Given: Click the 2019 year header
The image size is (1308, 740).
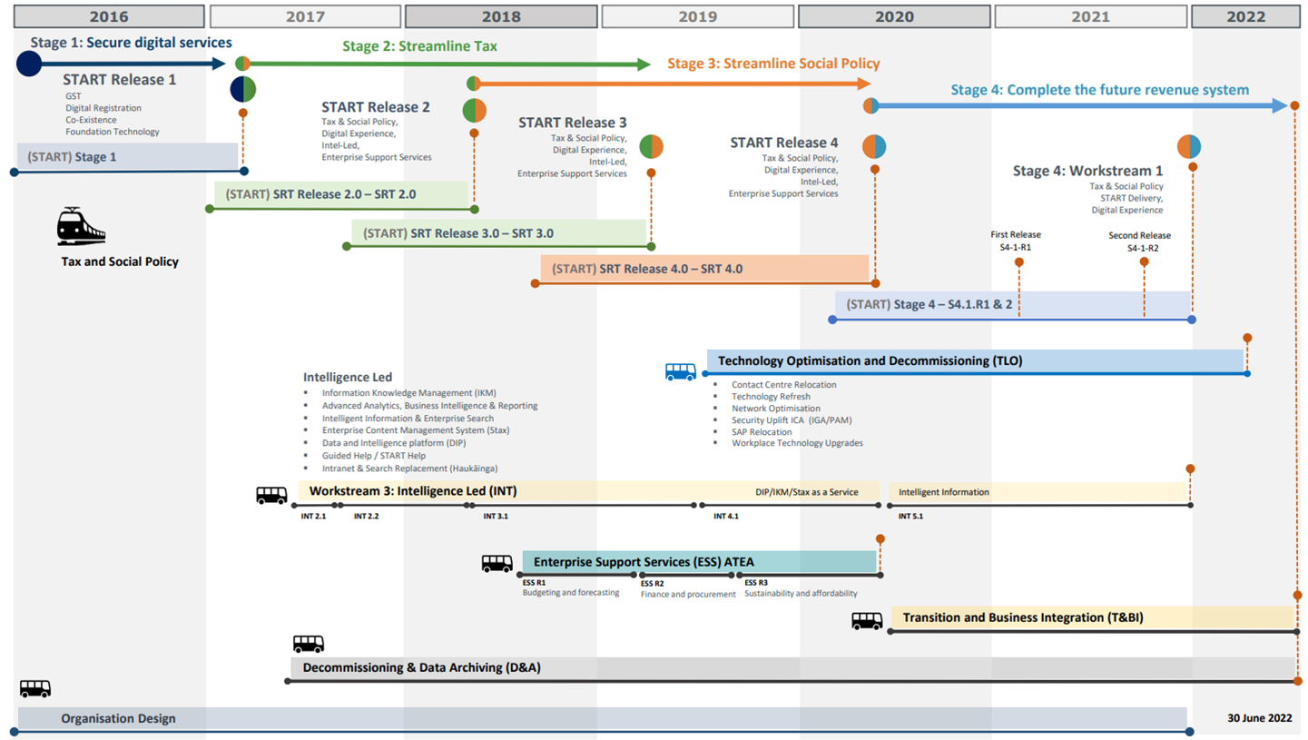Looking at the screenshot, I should point(697,16).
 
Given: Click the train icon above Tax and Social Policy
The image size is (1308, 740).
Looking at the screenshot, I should point(81,227).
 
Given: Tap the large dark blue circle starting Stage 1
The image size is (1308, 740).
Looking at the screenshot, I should point(29,64).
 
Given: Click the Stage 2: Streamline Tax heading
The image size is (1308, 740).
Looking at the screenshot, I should point(419,46).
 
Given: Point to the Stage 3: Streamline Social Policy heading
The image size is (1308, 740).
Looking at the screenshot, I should point(773,64).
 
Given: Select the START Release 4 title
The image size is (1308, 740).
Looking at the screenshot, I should point(784,143).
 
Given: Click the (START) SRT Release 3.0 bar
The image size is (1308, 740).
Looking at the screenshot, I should point(499,233).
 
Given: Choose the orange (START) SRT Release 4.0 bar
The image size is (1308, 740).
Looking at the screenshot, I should point(703,269).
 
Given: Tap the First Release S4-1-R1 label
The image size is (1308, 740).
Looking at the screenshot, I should point(1015,241).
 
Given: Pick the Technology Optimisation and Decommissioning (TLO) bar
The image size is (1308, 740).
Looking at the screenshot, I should point(974,360).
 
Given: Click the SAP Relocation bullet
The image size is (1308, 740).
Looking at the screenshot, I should point(762,431).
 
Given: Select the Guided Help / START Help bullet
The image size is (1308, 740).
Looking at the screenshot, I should point(373,455).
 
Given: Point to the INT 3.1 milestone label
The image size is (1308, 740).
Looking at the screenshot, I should point(496,517).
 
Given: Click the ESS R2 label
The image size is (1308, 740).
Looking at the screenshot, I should point(652,583).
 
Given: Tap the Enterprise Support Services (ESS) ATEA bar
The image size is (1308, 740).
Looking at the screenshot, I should point(699,562).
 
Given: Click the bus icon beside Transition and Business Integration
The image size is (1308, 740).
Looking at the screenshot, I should point(866,621).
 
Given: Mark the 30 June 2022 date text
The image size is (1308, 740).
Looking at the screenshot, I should point(1259,718).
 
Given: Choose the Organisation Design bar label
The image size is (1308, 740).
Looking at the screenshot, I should point(118,718).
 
